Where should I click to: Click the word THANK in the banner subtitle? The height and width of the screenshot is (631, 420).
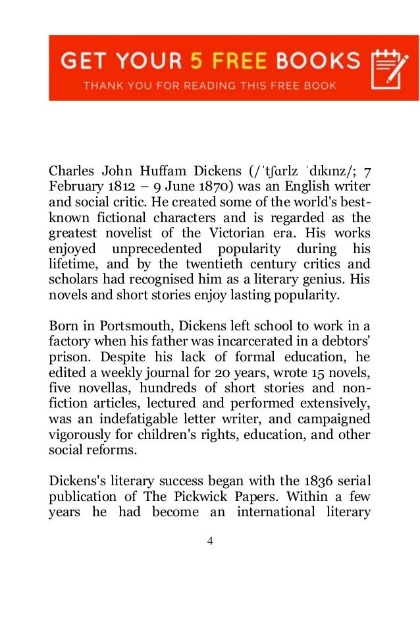pos(103,86)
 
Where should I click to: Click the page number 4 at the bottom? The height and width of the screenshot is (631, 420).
pos(210,542)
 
